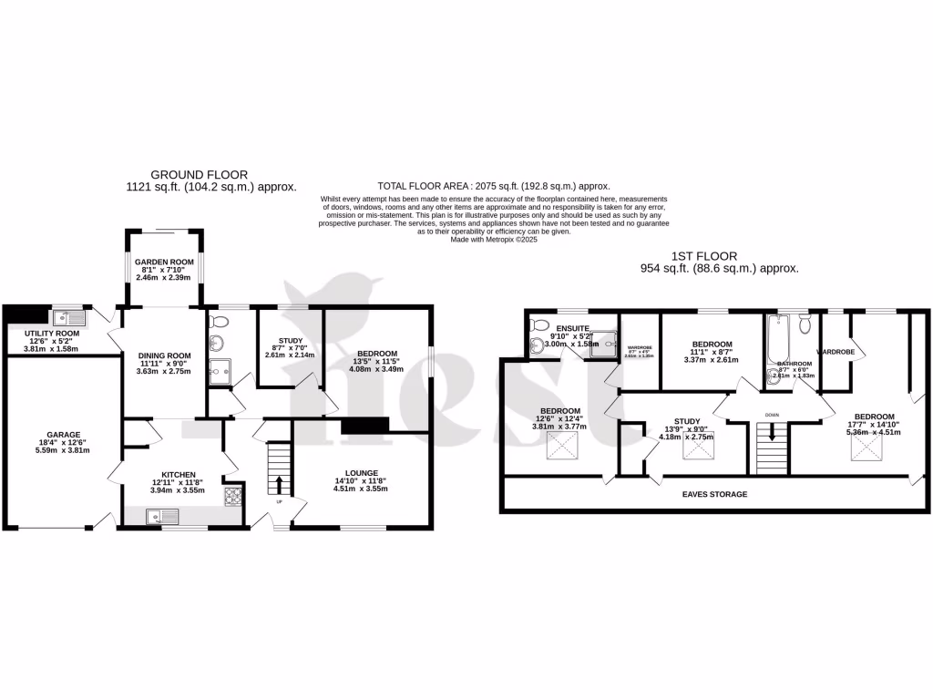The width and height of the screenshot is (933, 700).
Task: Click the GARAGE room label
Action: (x=64, y=434)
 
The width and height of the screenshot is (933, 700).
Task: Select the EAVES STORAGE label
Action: (x=715, y=494)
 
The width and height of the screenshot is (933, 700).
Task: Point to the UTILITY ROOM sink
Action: (x=68, y=318)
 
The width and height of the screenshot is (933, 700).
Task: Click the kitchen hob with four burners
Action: (x=233, y=496)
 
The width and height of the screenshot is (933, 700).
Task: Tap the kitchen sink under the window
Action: (x=164, y=517)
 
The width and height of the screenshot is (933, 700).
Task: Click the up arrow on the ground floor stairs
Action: (x=279, y=483)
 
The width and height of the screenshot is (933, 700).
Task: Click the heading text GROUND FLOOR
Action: (x=199, y=174)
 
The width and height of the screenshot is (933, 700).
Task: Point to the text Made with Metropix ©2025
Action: (x=494, y=240)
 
